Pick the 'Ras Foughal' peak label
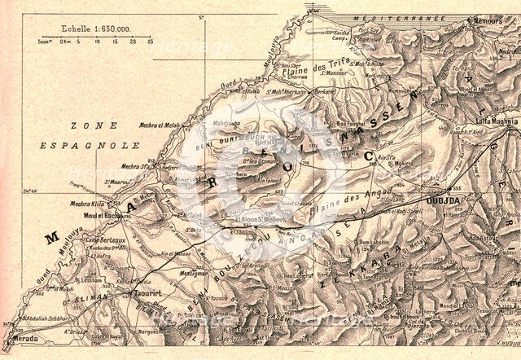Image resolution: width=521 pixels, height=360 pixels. click(352, 123)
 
